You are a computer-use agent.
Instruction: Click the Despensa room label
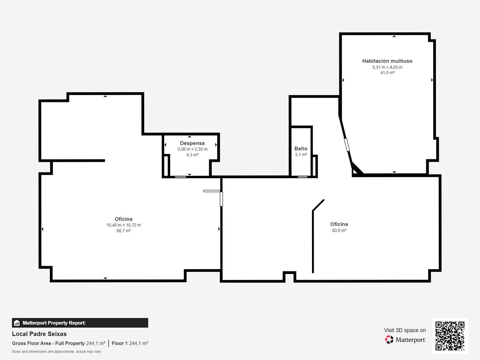(192, 143)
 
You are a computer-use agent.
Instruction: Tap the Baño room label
(301, 148)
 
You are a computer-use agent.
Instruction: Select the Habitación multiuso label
(387, 61)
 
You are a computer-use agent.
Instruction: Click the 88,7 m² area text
(124, 231)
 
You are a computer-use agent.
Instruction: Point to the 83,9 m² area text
(339, 230)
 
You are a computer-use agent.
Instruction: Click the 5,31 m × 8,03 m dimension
(387, 67)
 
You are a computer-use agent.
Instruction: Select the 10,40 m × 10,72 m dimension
(124, 225)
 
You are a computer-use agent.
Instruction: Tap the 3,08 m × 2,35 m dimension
(192, 149)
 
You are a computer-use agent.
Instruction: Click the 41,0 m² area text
(387, 73)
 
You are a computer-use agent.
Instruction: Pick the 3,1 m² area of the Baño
(301, 155)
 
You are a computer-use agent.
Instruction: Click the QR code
(450, 336)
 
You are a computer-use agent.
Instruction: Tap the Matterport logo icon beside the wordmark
(389, 340)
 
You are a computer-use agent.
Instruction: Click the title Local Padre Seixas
(39, 334)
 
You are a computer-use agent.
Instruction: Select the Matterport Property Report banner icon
(17, 323)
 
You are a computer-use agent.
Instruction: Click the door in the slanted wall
(347, 145)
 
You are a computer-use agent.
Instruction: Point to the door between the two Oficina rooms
(221, 199)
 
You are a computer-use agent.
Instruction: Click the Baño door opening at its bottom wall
(303, 177)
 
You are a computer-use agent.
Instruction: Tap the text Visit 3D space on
(405, 330)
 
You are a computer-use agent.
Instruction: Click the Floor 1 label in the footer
(119, 343)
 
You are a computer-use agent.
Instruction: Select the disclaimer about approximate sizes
(56, 351)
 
